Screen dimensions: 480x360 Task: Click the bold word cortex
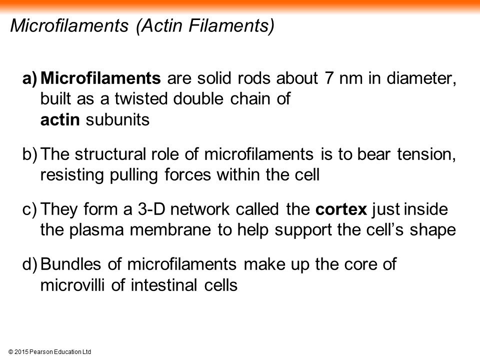coord(341,209)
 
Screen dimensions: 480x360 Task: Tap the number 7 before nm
coord(329,78)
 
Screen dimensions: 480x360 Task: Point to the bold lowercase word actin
coord(60,119)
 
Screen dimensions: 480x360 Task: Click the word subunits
coord(117,119)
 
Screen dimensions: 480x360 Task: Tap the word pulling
coord(134,175)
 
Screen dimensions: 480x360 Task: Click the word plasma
coord(96,230)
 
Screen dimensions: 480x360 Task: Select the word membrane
coord(170,230)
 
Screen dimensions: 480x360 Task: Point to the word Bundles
coord(70,264)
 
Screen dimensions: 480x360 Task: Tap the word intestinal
coord(163,285)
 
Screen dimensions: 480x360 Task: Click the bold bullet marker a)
coord(30,78)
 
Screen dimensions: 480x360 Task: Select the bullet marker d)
coord(30,264)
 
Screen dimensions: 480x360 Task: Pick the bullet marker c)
coord(29,210)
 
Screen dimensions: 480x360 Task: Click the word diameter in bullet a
coord(421,78)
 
